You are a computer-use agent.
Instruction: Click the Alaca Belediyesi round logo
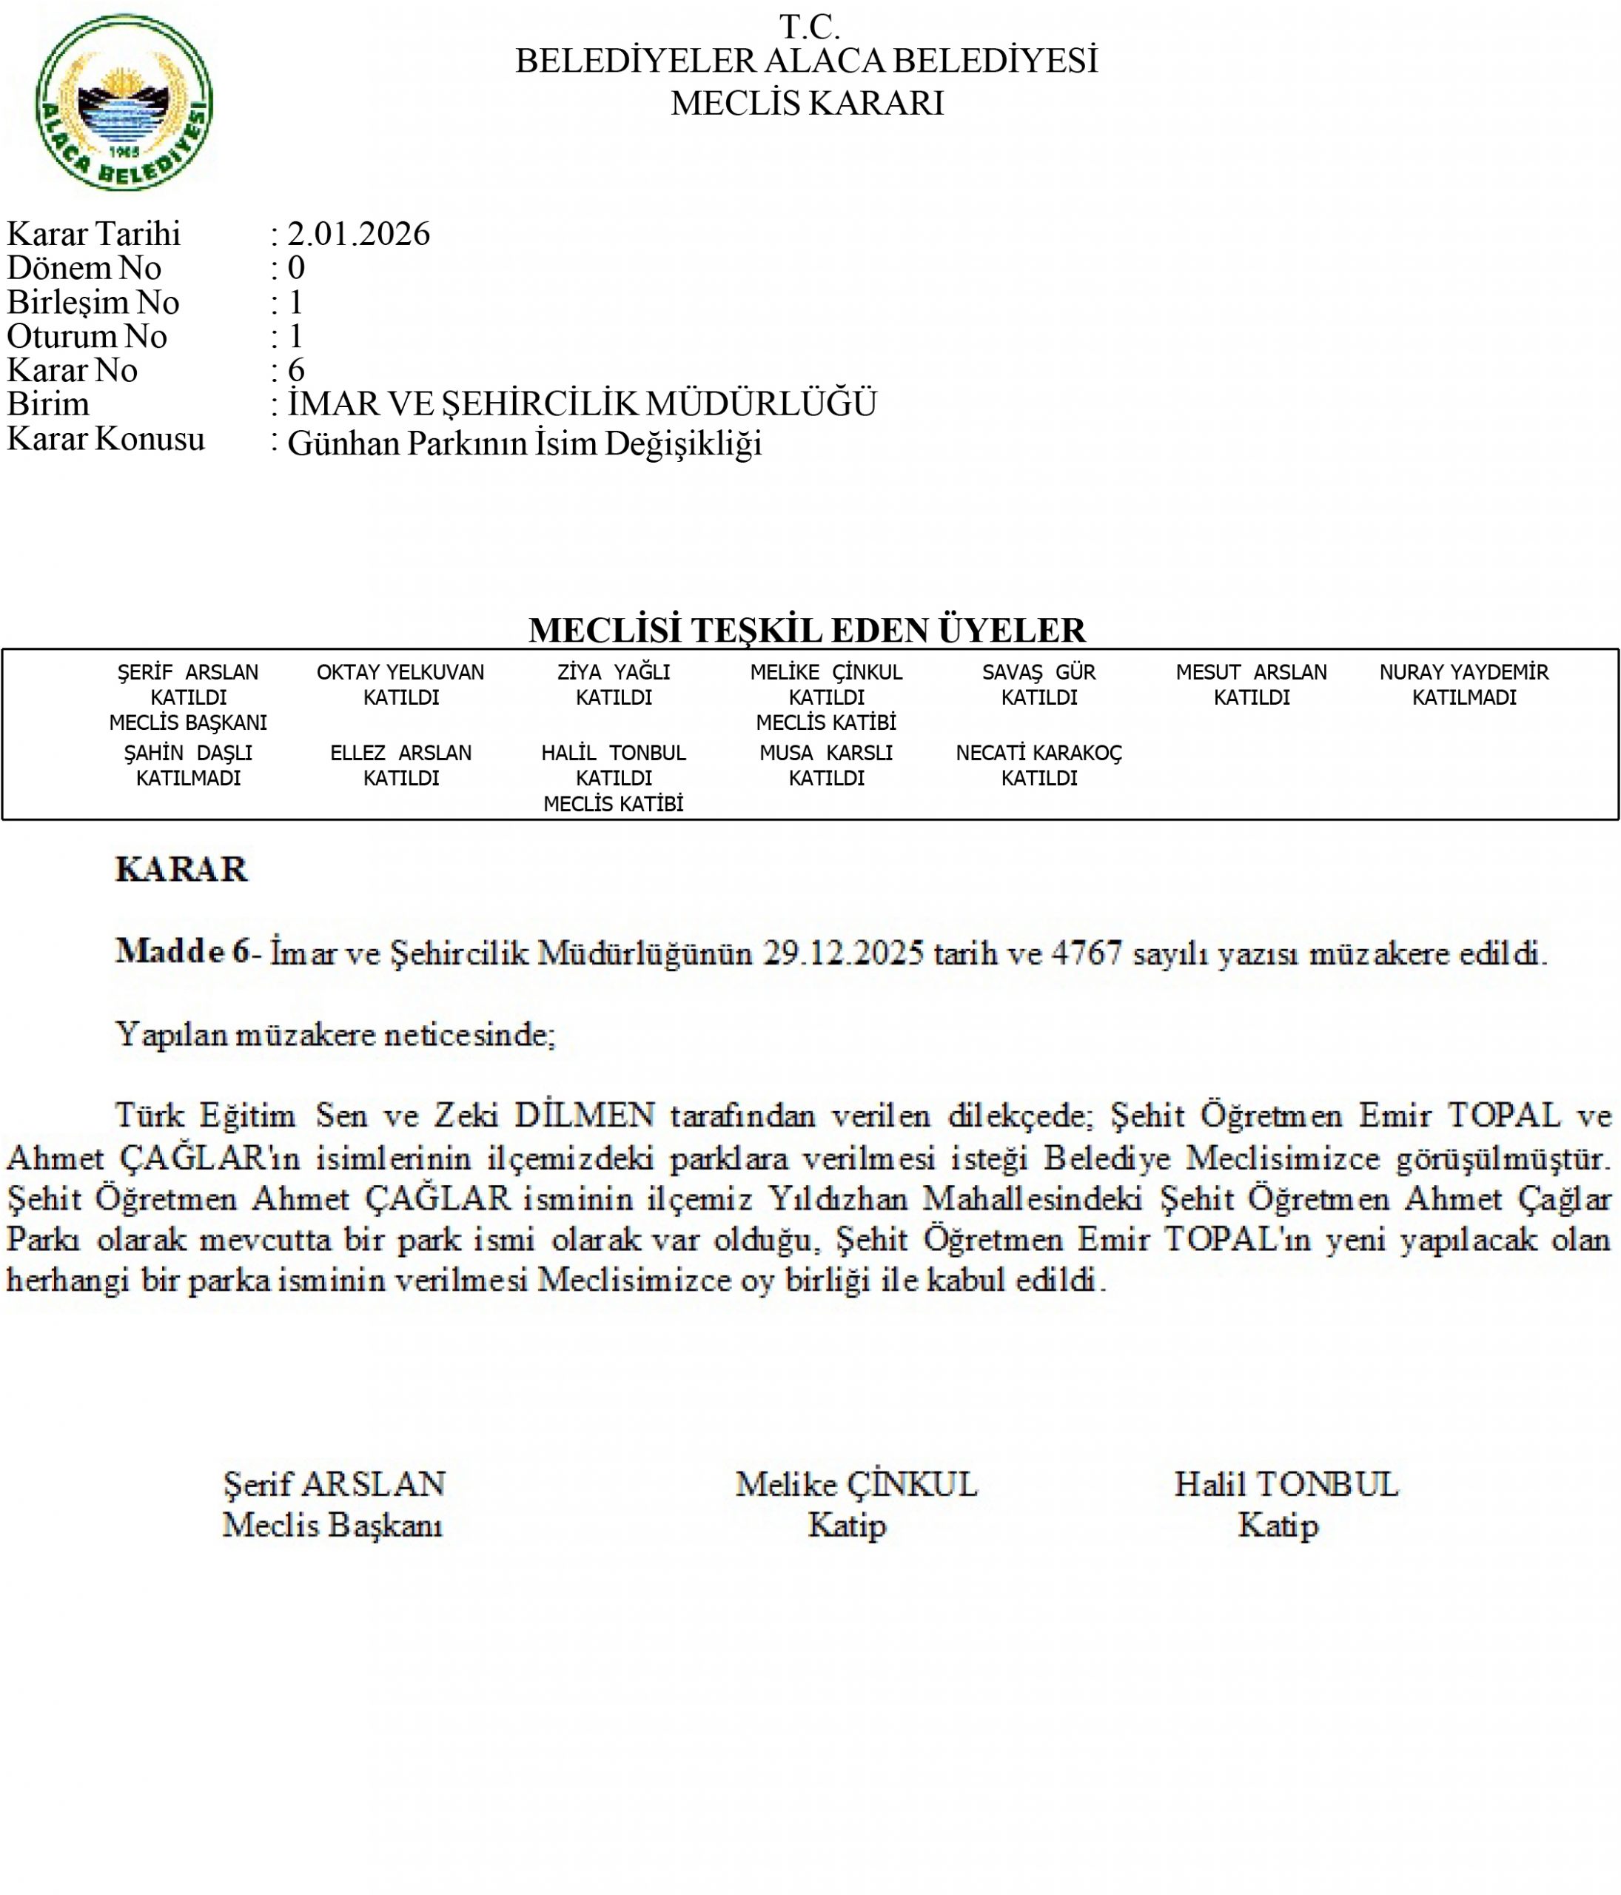coord(124,102)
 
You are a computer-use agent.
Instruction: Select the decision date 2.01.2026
coord(358,234)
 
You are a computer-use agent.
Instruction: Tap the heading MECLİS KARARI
coord(808,104)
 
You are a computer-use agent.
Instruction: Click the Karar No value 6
coord(296,370)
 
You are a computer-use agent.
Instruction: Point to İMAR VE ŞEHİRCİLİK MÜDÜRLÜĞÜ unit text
coord(583,404)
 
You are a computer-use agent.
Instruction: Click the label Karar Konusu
coord(105,439)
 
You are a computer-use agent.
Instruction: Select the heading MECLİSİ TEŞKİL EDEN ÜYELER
coord(808,630)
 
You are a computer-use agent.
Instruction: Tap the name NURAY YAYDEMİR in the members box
coord(1464,672)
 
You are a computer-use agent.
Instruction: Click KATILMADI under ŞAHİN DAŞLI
coord(188,778)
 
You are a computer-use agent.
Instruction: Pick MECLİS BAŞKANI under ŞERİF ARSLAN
coord(188,722)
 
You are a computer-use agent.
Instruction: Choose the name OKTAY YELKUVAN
coord(400,672)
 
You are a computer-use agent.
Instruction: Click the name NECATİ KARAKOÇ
coord(1038,753)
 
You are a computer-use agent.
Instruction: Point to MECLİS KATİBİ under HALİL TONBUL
coord(614,804)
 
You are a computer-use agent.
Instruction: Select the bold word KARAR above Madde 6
coord(181,869)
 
